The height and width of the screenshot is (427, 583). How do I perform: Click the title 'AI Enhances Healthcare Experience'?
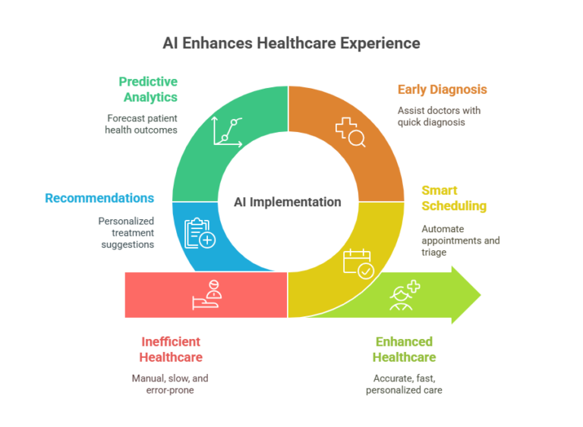pos(291,43)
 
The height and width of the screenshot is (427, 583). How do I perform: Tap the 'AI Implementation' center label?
pos(288,202)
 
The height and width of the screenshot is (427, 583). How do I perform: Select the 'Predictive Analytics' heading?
pos(148,89)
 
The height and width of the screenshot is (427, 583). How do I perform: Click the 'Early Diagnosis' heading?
pos(442,89)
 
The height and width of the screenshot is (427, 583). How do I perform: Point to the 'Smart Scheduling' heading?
pos(454,198)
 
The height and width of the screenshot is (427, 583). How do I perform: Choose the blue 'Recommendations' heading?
pos(99,198)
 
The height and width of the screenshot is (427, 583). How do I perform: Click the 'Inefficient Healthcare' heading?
pos(171,350)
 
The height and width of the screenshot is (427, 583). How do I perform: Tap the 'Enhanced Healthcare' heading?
pos(404,350)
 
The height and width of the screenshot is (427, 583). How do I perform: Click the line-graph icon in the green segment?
pos(228,131)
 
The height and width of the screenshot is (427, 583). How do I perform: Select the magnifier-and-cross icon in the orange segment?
pos(350,132)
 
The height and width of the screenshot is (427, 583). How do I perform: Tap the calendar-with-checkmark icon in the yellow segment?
pos(358,263)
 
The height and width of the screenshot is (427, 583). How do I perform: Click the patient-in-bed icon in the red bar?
pos(207,295)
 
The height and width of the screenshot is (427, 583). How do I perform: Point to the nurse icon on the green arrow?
pos(405,296)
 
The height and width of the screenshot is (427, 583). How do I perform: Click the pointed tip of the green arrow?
pos(481,295)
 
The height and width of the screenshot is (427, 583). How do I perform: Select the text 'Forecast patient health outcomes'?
pos(141,124)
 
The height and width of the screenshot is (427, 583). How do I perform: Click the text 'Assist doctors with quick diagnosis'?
pos(439,116)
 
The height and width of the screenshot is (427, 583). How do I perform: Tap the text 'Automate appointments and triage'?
pos(461,240)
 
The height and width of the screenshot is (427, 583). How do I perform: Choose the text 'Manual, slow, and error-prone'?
pos(170,384)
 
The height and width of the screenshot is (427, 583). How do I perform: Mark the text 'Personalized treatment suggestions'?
pos(126,233)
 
